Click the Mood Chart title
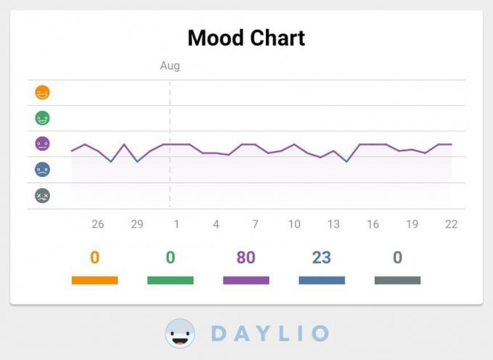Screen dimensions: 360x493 [246, 38]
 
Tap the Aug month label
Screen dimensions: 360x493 [170, 66]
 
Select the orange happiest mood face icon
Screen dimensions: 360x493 [43, 93]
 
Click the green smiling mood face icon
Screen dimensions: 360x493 [43, 118]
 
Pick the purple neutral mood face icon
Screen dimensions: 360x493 [43, 143]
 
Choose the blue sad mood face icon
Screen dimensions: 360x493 [43, 169]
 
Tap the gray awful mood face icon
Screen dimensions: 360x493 [43, 196]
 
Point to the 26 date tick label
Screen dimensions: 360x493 [98, 225]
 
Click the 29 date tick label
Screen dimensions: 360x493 [137, 225]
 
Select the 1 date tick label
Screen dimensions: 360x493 [176, 225]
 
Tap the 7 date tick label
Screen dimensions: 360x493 [255, 225]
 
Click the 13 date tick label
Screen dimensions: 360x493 [333, 225]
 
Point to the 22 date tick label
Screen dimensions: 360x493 [451, 225]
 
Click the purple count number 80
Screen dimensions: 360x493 [246, 258]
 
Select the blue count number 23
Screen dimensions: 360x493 [321, 258]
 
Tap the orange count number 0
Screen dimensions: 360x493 [94, 258]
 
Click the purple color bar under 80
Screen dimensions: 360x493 [246, 280]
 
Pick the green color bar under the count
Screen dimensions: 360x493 [170, 280]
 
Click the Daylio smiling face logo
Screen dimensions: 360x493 [180, 334]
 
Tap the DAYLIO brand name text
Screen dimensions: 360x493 [270, 334]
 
